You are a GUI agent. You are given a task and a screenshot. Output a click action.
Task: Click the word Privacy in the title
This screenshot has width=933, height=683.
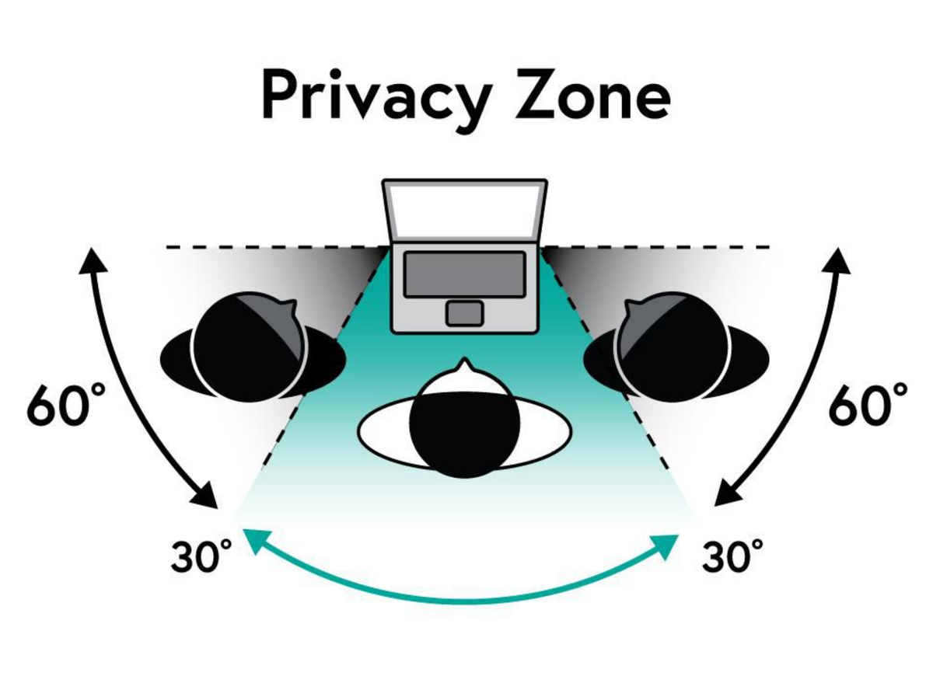click(x=377, y=101)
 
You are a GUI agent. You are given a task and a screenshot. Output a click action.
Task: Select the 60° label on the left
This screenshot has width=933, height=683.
click(x=66, y=405)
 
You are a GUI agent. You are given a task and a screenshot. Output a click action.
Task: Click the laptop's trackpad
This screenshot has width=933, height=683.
click(x=464, y=313)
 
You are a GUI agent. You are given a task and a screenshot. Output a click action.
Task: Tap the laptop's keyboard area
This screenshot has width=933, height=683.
click(x=464, y=274)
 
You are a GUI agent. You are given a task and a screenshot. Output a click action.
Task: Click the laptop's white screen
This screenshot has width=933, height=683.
click(x=464, y=211)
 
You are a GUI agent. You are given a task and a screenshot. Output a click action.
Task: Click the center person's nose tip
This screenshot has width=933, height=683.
click(x=464, y=358)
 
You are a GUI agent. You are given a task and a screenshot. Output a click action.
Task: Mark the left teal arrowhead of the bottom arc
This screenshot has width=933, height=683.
click(x=255, y=542)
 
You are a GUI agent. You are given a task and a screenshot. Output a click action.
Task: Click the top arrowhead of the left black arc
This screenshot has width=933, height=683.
click(x=93, y=260)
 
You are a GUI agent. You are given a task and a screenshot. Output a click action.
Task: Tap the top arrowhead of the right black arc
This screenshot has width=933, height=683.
click(x=837, y=260)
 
